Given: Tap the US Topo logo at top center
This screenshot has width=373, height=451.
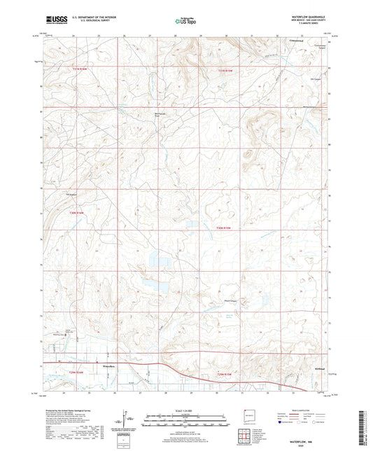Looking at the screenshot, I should click(185, 22).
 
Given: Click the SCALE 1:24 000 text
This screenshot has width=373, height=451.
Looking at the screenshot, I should click(185, 409).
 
